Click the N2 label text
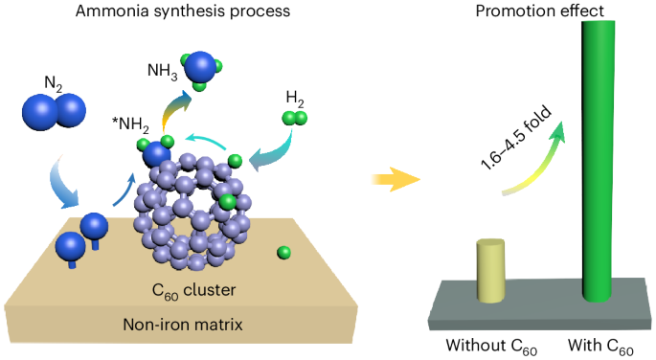pyautogui.click(x=53, y=84)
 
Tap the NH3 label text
pyautogui.click(x=163, y=71)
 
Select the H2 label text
pyautogui.click(x=295, y=99)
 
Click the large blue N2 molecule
pyautogui.click(x=54, y=110)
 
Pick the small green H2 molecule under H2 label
pyautogui.click(x=295, y=118)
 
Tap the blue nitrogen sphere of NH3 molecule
pyautogui.click(x=201, y=67)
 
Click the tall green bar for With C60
pyautogui.click(x=599, y=161)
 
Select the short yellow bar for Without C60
pyautogui.click(x=490, y=271)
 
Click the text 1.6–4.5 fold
pyautogui.click(x=516, y=139)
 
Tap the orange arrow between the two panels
pyautogui.click(x=396, y=180)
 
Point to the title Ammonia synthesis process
pyautogui.click(x=183, y=11)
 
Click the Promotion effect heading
pyautogui.click(x=540, y=11)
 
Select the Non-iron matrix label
pyautogui.click(x=183, y=325)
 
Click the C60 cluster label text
pyautogui.click(x=193, y=291)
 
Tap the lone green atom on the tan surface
pyautogui.click(x=283, y=253)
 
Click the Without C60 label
pyautogui.click(x=491, y=347)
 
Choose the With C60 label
pyautogui.click(x=600, y=347)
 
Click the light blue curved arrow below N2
pyautogui.click(x=63, y=183)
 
